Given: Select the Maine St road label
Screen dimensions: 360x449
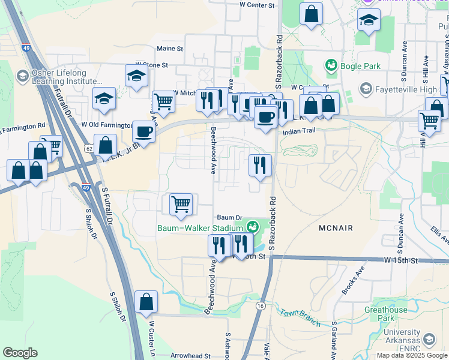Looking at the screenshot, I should tap(170, 49).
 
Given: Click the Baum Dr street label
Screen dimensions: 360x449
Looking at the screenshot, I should tap(229, 218).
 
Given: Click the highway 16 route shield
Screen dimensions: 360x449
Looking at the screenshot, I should tap(260, 306).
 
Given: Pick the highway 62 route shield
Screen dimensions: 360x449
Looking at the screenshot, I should tap(89, 147).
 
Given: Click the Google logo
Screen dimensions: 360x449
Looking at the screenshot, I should tap(20, 353).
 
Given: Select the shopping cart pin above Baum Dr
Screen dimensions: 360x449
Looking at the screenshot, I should tap(181, 205).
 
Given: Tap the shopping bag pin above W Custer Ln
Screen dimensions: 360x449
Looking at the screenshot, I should tap(146, 302).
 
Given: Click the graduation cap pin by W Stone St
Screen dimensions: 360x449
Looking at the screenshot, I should tap(136, 76).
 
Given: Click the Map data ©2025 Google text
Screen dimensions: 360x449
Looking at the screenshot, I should tap(412, 355).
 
